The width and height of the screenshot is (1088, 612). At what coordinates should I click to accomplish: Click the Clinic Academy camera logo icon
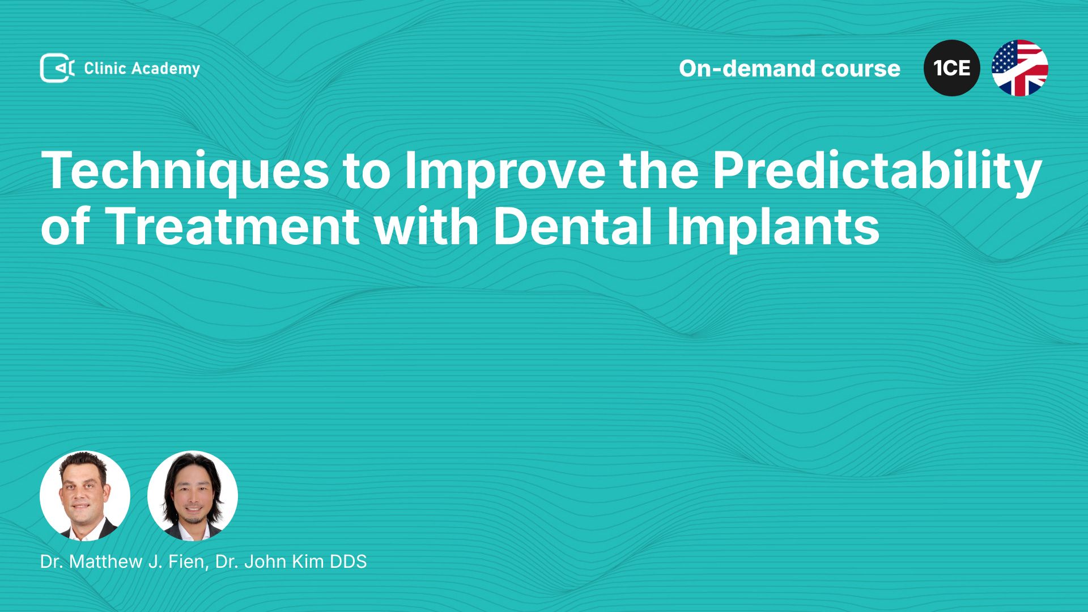(x=57, y=68)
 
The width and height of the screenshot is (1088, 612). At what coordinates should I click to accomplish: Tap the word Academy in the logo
(x=166, y=69)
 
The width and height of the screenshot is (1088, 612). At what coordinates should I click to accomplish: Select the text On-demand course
(x=789, y=69)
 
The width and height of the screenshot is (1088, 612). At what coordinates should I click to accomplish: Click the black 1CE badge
(x=952, y=68)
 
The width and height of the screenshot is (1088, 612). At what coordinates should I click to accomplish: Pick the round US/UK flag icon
(x=1020, y=68)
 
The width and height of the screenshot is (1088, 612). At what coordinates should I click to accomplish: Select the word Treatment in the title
(x=232, y=226)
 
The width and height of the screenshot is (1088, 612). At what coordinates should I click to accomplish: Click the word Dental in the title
(x=572, y=225)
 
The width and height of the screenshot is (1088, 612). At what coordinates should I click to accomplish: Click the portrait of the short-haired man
(x=85, y=496)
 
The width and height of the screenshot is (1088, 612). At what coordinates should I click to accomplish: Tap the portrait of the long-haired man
(x=193, y=496)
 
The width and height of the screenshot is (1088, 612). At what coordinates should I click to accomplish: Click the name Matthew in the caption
(x=106, y=562)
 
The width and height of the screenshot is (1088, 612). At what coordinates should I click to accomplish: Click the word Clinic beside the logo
(x=105, y=69)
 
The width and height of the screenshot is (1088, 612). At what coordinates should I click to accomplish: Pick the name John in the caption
(x=265, y=562)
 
